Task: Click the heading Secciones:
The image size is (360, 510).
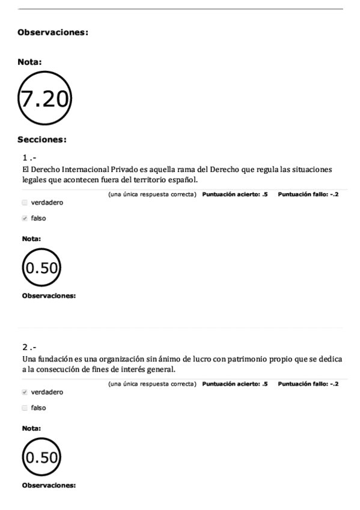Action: pos(42,140)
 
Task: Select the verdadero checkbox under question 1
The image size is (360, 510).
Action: pos(25,203)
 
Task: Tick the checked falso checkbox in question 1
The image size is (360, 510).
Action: pos(25,218)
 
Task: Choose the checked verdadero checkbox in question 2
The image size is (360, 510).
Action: pos(25,392)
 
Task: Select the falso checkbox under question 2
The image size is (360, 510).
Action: pos(25,408)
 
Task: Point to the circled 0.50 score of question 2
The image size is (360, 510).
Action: pos(42,458)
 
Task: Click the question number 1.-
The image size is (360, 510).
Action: pos(29,158)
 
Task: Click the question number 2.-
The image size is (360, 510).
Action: pos(29,348)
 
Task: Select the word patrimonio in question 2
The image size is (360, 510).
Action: pos(245,359)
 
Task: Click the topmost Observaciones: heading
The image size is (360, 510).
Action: pos(53,32)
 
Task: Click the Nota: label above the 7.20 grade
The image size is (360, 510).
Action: pos(30,61)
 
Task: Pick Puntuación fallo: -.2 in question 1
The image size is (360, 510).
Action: pos(308,194)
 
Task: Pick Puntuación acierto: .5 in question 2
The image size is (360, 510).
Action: pos(235,384)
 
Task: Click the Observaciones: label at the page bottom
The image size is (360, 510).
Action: pos(49,485)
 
